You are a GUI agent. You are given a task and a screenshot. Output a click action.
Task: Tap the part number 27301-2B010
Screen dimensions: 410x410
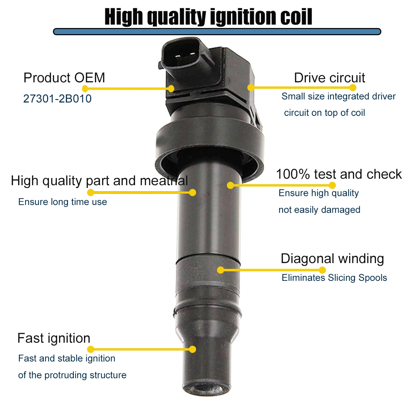click(x=57, y=99)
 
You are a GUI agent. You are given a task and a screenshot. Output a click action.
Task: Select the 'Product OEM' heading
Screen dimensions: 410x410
click(x=64, y=78)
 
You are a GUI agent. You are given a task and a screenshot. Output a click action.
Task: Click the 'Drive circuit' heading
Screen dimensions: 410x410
click(x=329, y=78)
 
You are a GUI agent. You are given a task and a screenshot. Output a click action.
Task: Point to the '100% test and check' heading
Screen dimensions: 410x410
click(x=339, y=174)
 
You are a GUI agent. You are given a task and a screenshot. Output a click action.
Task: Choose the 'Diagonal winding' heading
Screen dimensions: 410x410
click(x=332, y=259)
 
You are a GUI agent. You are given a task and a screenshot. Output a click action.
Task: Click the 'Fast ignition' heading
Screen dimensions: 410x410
click(x=54, y=338)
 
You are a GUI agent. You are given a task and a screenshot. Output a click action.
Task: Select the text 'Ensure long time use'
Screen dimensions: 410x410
click(x=63, y=202)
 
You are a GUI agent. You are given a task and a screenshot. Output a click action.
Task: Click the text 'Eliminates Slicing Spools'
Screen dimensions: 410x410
click(x=334, y=278)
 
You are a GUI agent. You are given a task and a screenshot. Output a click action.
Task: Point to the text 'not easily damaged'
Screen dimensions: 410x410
click(x=319, y=210)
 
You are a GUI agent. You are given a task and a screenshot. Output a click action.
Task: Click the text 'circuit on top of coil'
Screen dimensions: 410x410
click(x=324, y=113)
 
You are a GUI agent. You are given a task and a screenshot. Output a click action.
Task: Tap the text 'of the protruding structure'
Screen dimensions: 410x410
click(x=72, y=375)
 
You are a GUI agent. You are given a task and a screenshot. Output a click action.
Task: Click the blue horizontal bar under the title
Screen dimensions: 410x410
click(x=217, y=32)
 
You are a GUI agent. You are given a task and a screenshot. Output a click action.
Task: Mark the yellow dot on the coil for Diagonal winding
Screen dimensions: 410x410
click(x=221, y=270)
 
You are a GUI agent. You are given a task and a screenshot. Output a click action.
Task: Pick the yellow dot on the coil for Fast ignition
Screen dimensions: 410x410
click(x=193, y=349)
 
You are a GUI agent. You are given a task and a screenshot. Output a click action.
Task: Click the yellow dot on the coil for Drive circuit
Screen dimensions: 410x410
click(x=251, y=87)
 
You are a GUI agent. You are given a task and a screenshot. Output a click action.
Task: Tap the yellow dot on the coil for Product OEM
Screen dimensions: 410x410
click(x=171, y=89)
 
